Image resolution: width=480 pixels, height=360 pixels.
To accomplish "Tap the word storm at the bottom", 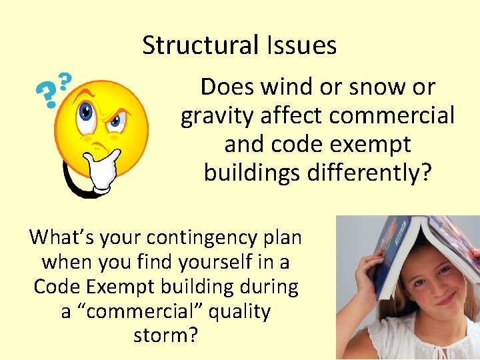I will (165, 335).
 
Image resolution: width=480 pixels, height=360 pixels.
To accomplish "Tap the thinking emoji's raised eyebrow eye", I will (86, 111).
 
